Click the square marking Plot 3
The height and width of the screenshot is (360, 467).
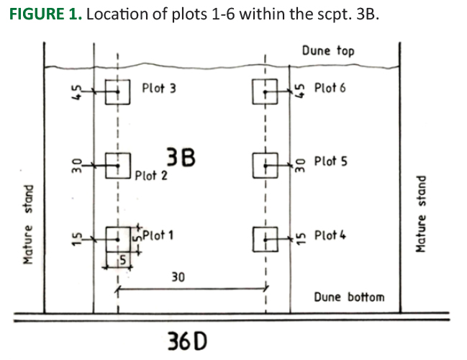pos(117,91)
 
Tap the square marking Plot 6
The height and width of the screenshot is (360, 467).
pos(265,91)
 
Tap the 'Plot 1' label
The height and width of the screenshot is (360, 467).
pos(158,235)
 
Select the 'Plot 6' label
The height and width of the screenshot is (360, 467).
pos(330,88)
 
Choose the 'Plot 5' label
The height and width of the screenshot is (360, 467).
pos(330,161)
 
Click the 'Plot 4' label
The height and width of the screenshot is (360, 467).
pos(330,235)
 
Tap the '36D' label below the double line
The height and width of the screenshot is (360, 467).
pos(186,339)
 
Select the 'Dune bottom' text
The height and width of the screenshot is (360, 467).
pos(349,296)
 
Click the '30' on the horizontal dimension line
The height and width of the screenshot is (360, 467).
pos(178,276)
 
